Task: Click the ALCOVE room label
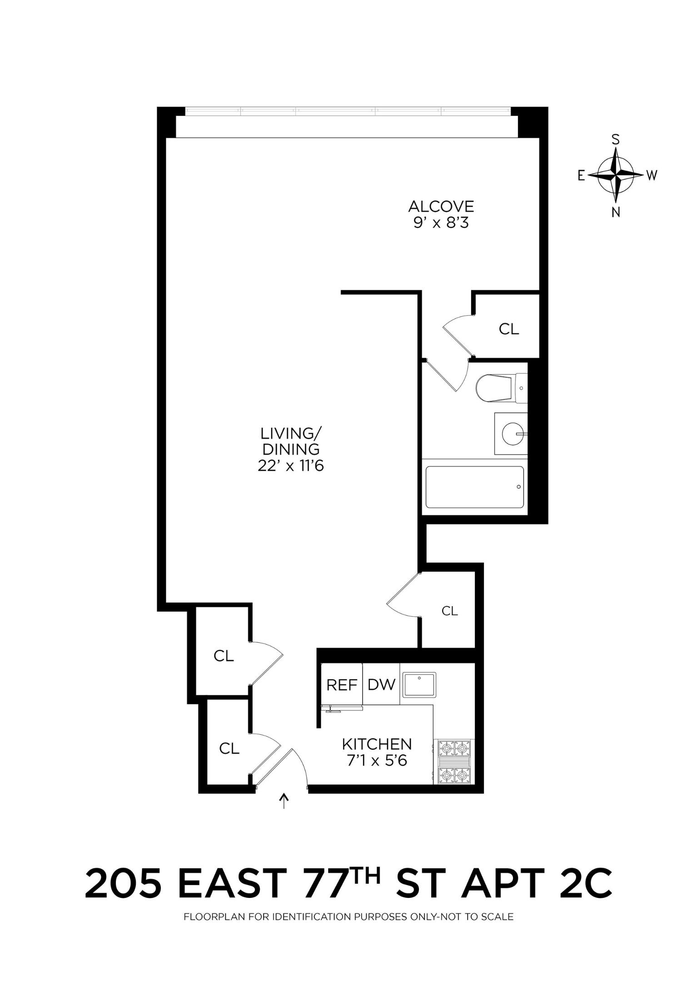point(441,207)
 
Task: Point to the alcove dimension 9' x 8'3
point(441,223)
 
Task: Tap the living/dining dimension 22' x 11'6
point(291,466)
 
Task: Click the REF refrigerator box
point(342,685)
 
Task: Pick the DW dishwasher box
point(381,684)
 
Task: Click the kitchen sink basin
point(419,684)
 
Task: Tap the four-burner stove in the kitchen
point(454,762)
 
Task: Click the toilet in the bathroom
point(498,388)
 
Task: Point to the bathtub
point(474,487)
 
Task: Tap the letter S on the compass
point(616,139)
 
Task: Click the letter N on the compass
point(616,212)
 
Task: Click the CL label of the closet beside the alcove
point(508,329)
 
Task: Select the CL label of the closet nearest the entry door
point(229,748)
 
